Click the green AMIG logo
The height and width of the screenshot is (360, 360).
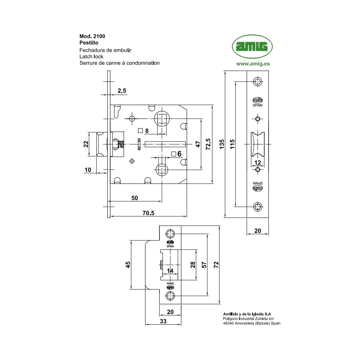pyautogui.click(x=252, y=47)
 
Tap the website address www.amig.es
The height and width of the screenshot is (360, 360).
pyautogui.click(x=253, y=64)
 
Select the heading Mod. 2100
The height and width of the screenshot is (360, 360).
pyautogui.click(x=92, y=36)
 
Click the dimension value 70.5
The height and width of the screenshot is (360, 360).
pyautogui.click(x=148, y=213)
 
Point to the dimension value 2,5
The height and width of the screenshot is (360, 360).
pyautogui.click(x=122, y=91)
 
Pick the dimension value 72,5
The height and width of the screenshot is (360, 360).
pyautogui.click(x=208, y=144)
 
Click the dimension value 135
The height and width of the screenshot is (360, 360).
pyautogui.click(x=222, y=144)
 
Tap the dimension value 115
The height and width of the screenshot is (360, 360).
pyautogui.click(x=232, y=144)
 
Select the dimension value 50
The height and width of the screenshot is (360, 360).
pyautogui.click(x=135, y=198)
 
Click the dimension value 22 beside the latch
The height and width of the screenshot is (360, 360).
pyautogui.click(x=86, y=144)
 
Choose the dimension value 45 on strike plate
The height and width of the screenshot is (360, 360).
pyautogui.click(x=128, y=265)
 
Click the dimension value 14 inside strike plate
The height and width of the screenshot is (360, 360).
pyautogui.click(x=170, y=271)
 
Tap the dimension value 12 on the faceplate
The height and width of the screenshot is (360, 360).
pyautogui.click(x=257, y=163)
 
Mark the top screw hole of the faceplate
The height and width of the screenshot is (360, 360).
pyautogui.click(x=257, y=82)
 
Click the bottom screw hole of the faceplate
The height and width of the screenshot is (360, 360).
pyautogui.click(x=257, y=207)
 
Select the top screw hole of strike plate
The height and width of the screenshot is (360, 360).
pyautogui.click(x=170, y=234)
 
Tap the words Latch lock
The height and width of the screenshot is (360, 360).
pyautogui.click(x=91, y=57)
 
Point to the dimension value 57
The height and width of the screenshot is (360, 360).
pyautogui.click(x=204, y=265)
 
